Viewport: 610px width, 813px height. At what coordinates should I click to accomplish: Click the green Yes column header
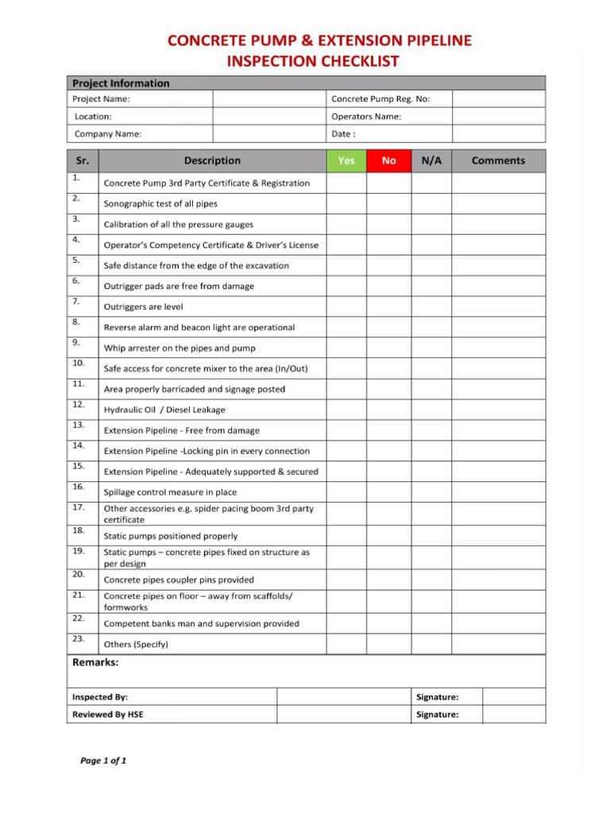[346, 160]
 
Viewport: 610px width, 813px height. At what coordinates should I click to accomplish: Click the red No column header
[389, 160]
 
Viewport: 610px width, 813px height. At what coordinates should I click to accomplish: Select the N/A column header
[431, 160]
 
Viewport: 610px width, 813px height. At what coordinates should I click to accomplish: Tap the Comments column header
[498, 160]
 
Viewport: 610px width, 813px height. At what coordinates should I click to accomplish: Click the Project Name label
[101, 99]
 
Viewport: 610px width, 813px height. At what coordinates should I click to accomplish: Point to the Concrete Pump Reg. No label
[379, 99]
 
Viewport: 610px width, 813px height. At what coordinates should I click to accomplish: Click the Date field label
[343, 134]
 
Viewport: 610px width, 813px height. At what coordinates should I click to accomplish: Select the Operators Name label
[366, 117]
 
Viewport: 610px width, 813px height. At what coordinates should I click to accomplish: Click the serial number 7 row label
[75, 302]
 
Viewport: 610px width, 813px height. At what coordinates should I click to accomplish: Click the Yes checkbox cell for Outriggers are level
[346, 306]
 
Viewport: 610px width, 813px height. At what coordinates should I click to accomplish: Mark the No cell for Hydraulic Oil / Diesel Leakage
[389, 410]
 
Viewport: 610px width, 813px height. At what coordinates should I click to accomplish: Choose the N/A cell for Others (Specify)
[431, 643]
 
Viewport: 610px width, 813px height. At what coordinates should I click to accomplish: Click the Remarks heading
[95, 663]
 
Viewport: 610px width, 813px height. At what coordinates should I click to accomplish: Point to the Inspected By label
[100, 697]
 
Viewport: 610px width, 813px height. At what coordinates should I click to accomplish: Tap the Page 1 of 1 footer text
[103, 761]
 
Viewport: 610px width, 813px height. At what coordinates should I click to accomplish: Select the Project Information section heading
[121, 83]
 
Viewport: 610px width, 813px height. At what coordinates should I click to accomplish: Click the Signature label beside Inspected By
[437, 697]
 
